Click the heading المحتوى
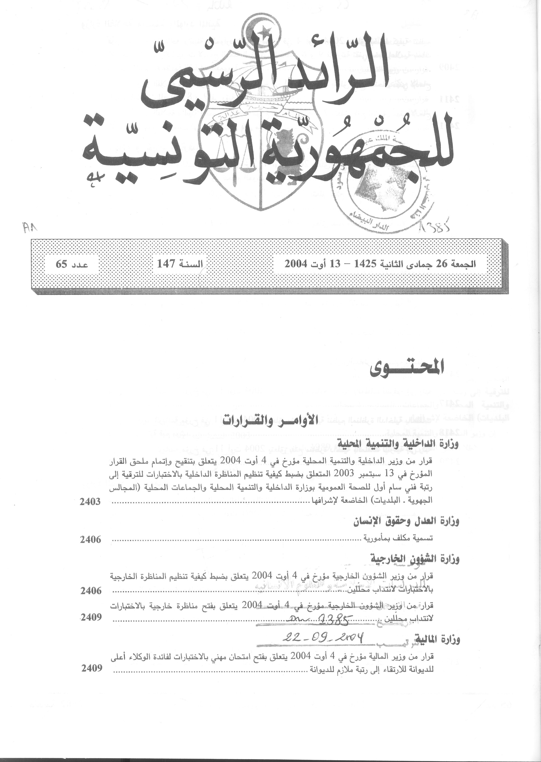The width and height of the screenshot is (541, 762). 407,369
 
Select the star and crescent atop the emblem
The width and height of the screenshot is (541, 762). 259,31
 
